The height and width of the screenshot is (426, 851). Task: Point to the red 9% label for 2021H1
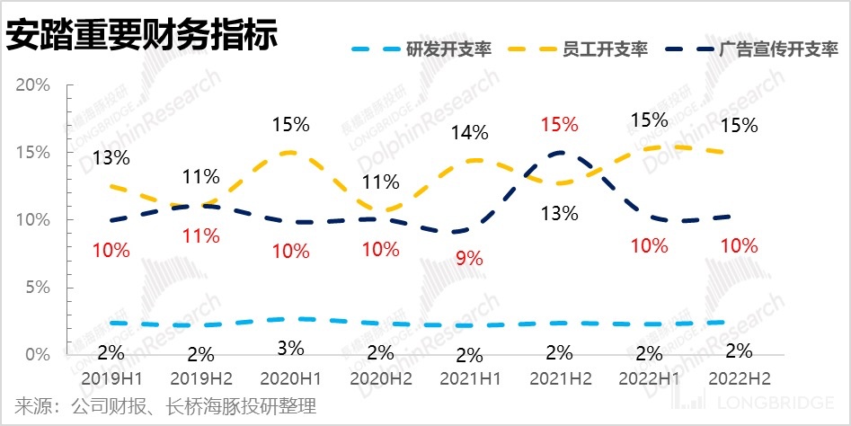click(469, 258)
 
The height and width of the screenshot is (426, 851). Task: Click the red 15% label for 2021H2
click(559, 125)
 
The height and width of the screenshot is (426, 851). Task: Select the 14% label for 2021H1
click(469, 133)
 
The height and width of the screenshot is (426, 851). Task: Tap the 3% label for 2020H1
click(290, 347)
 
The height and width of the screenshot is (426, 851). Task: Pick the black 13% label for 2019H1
click(111, 158)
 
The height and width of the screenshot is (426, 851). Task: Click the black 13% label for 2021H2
click(559, 213)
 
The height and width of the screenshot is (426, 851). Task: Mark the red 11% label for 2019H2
click(200, 236)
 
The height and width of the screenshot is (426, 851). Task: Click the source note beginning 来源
click(166, 406)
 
